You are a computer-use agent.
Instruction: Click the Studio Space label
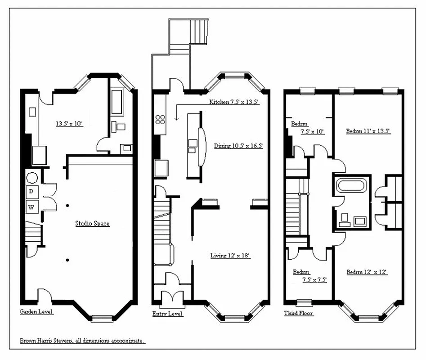pyautogui.click(x=92, y=223)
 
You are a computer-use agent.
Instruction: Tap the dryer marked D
pyautogui.click(x=31, y=192)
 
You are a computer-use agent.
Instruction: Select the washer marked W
pyautogui.click(x=31, y=207)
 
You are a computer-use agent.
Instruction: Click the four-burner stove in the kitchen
pyautogui.click(x=161, y=119)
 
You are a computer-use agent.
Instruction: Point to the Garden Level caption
pyautogui.click(x=36, y=311)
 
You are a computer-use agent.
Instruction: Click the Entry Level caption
pyautogui.click(x=167, y=313)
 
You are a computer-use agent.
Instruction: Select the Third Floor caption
pyautogui.click(x=298, y=313)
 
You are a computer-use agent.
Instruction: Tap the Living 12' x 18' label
pyautogui.click(x=230, y=256)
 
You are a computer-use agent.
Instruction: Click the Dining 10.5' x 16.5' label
pyautogui.click(x=238, y=146)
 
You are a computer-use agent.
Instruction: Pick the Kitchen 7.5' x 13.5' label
pyautogui.click(x=233, y=102)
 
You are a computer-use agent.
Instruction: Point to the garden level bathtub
pyautogui.click(x=117, y=102)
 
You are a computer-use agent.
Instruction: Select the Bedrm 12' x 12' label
pyautogui.click(x=367, y=272)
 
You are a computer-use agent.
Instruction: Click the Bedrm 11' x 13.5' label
pyautogui.click(x=368, y=131)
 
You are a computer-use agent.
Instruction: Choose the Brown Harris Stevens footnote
pyautogui.click(x=82, y=341)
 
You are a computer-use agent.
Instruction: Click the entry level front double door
pyautogui.click(x=172, y=298)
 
